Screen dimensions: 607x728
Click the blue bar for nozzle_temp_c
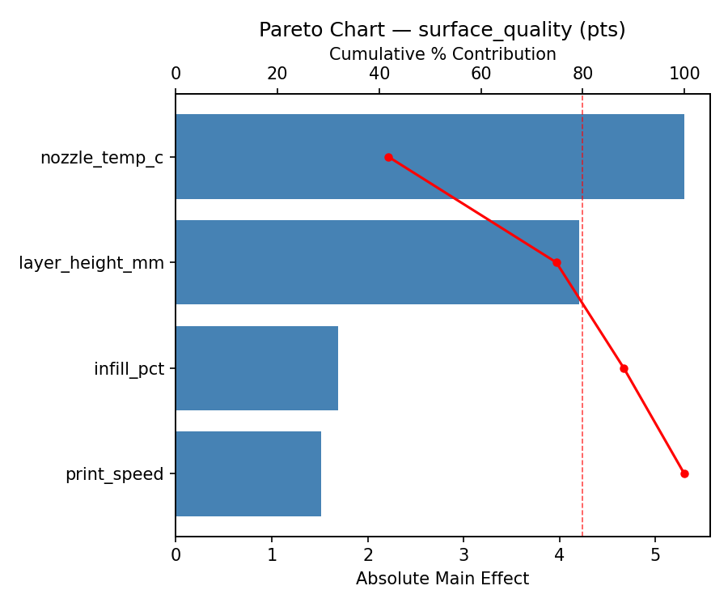click(x=430, y=156)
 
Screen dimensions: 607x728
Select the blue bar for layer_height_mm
click(x=377, y=262)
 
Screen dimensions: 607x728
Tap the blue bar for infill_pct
click(x=256, y=368)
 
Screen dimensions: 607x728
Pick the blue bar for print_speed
click(x=248, y=473)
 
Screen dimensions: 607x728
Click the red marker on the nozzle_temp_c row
click(x=388, y=157)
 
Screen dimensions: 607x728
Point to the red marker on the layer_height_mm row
click(x=557, y=262)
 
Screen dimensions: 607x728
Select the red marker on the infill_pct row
click(x=624, y=368)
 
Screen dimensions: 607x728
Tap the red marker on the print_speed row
click(x=684, y=473)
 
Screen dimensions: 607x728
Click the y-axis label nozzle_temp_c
click(x=102, y=158)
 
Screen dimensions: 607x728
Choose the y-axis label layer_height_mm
click(x=91, y=263)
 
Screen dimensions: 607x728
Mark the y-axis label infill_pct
click(x=129, y=369)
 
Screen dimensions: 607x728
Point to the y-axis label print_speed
click(x=115, y=474)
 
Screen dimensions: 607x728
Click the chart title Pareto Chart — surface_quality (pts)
click(x=442, y=30)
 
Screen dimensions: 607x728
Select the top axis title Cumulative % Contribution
click(x=442, y=54)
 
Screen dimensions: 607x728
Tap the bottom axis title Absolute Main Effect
click(x=442, y=579)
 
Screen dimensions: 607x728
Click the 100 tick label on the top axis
click(x=684, y=74)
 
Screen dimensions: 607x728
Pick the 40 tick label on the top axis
click(x=379, y=74)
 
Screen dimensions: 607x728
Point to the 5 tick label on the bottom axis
click(x=655, y=555)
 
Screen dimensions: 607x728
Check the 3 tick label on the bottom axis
click(x=463, y=555)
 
